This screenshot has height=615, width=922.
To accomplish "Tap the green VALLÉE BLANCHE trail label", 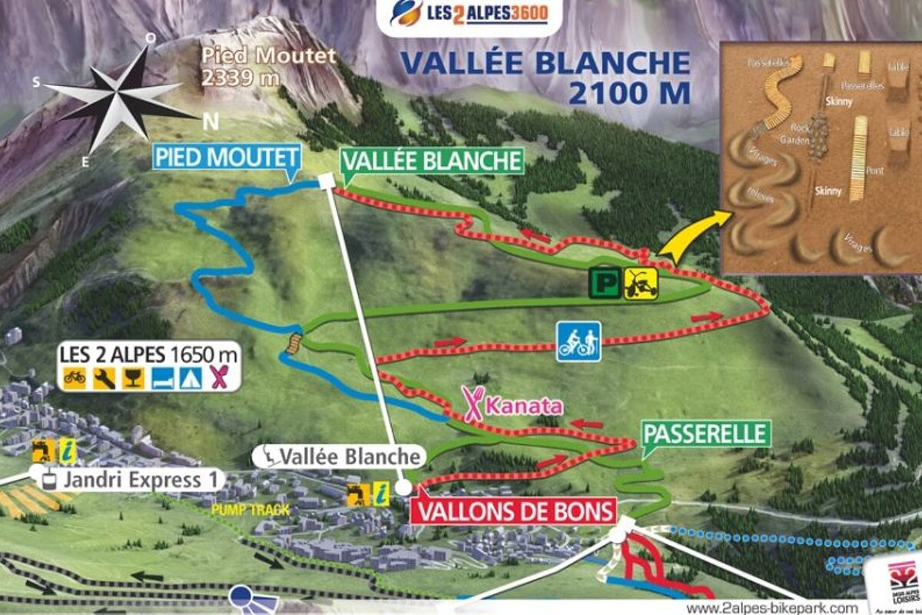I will [x=432, y=161].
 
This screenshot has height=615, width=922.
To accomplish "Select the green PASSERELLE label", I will [x=705, y=434].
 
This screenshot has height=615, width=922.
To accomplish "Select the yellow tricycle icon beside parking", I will [x=638, y=281].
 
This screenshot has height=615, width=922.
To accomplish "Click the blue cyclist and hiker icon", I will [x=579, y=341].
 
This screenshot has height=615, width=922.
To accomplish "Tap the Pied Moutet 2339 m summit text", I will [x=269, y=66].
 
